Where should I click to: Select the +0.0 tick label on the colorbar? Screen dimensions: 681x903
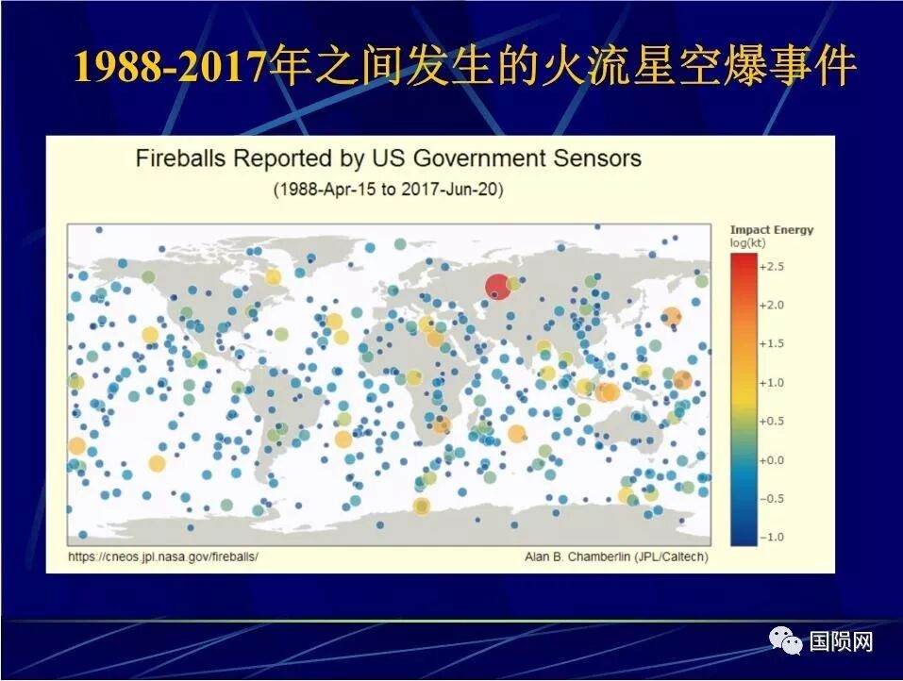(x=772, y=460)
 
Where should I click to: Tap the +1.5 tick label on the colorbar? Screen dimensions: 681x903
(x=772, y=344)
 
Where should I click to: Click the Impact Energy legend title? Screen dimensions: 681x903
(x=771, y=230)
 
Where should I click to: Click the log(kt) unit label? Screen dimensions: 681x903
(x=747, y=242)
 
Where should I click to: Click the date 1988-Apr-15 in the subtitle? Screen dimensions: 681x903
(x=321, y=190)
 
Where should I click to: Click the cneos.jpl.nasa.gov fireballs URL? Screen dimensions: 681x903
(x=164, y=556)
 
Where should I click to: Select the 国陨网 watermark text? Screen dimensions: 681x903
(x=841, y=642)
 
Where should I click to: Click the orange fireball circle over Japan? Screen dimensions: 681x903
(x=672, y=317)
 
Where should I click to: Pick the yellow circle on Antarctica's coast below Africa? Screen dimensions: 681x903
(x=422, y=507)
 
